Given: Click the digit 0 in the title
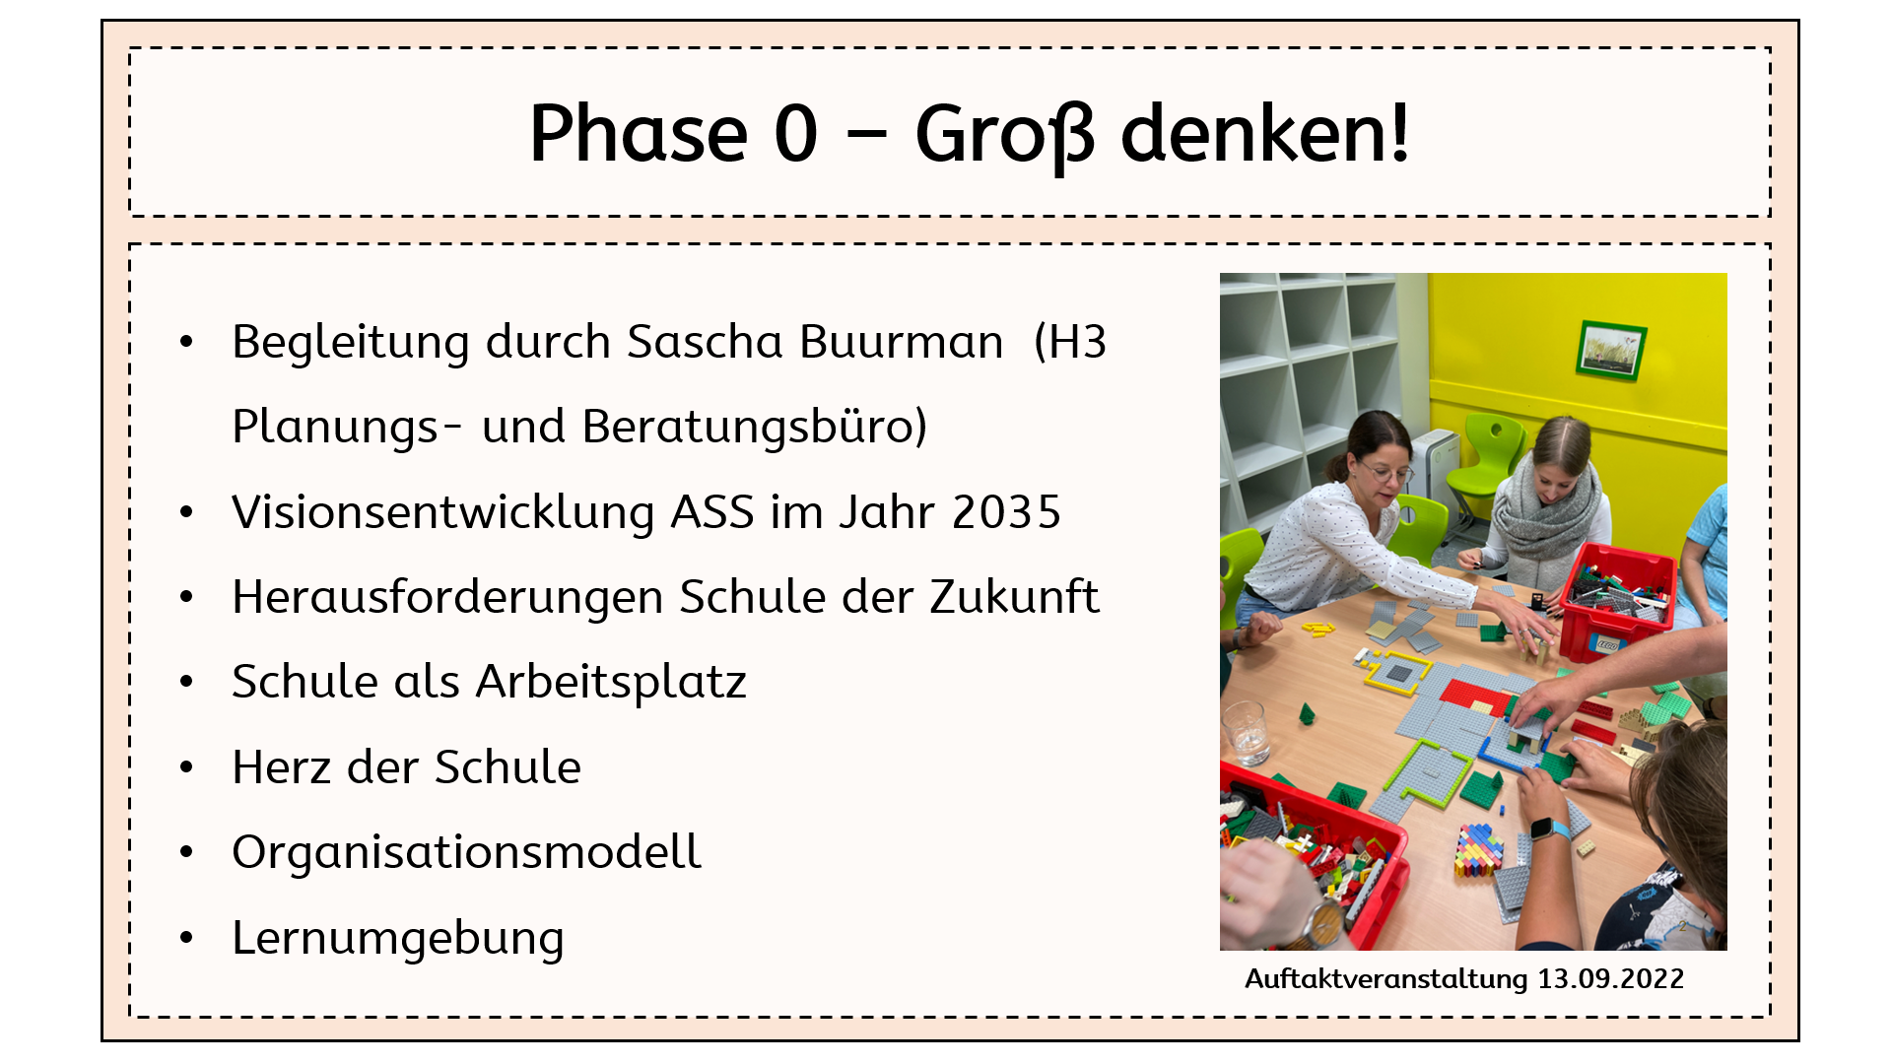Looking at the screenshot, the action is tap(796, 134).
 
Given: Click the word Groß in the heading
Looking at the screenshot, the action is tap(1004, 136).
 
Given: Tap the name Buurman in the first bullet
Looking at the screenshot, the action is tap(901, 343).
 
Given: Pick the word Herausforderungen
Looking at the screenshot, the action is tap(447, 598).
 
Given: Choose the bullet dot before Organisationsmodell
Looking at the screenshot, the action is tap(186, 852).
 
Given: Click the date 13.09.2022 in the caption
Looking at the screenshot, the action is tap(1610, 978).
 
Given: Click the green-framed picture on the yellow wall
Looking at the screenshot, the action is tap(1611, 350).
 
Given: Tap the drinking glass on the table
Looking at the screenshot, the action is tap(1247, 733).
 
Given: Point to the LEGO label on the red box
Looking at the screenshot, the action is tap(1606, 645).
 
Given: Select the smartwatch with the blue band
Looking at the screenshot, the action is tap(1549, 829).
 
